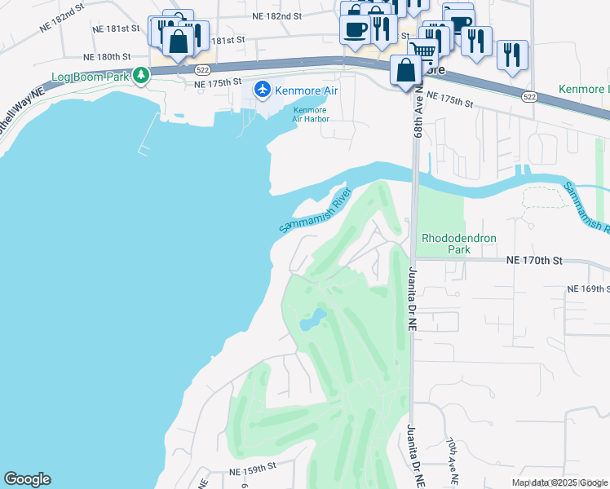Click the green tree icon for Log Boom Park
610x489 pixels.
pos(142,75)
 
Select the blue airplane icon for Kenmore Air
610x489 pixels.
pos(263,89)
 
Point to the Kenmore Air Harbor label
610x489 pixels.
pos(310,114)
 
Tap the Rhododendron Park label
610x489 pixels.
pos(458,244)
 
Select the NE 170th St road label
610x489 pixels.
pos(534,261)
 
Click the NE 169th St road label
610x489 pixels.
pos(588,289)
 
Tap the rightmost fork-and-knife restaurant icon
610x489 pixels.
pos(512,54)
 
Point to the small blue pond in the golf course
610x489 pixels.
pos(312,320)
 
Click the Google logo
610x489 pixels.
pos(27,479)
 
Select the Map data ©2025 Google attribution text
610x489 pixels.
pos(559,482)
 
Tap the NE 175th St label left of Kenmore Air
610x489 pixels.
pos(218,83)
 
